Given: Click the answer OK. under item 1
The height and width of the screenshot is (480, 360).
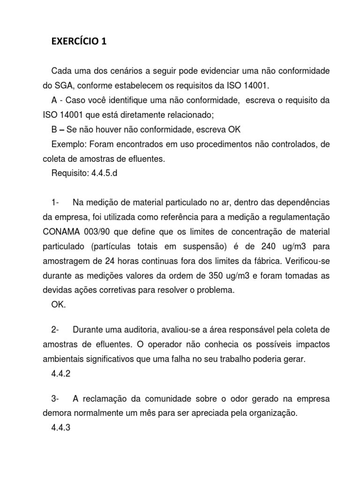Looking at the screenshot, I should (x=59, y=305).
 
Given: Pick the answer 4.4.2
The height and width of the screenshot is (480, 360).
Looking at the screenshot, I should (x=60, y=374).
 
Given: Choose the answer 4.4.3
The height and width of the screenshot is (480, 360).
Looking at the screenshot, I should (x=60, y=427).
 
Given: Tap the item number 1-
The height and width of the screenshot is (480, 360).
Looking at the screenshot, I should (x=56, y=203).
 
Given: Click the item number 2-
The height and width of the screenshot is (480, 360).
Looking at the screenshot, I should (x=56, y=330).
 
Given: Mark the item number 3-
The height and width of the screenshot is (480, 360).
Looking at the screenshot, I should (x=56, y=399).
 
